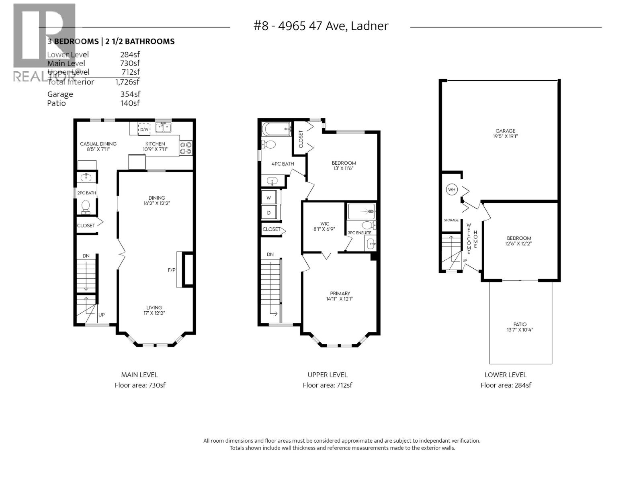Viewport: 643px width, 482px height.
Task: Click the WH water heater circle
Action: [452, 190]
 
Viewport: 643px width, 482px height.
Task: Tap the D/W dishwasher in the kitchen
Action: [144, 129]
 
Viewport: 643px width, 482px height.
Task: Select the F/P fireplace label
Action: [172, 270]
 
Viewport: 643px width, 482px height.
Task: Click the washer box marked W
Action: [269, 198]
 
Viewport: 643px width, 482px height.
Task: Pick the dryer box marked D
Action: [269, 213]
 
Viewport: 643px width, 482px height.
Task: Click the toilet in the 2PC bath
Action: [86, 207]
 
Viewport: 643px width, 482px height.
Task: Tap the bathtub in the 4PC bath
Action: [276, 129]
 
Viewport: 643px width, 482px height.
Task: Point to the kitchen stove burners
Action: [186, 148]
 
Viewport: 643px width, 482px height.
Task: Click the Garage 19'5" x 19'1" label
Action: [505, 133]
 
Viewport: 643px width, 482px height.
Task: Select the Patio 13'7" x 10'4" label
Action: [520, 327]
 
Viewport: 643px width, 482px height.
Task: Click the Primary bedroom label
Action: [340, 296]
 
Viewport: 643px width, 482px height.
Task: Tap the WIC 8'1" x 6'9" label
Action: [325, 227]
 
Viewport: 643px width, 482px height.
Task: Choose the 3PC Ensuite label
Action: [359, 233]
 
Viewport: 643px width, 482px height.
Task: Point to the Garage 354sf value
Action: [130, 94]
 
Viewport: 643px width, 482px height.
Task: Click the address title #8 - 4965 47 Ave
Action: [321, 26]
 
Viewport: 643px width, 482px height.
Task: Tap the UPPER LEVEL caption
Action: [328, 375]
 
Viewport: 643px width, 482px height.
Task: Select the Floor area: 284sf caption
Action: [506, 385]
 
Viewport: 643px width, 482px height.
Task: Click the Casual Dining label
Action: [98, 146]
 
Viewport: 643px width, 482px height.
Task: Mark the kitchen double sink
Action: [163, 128]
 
